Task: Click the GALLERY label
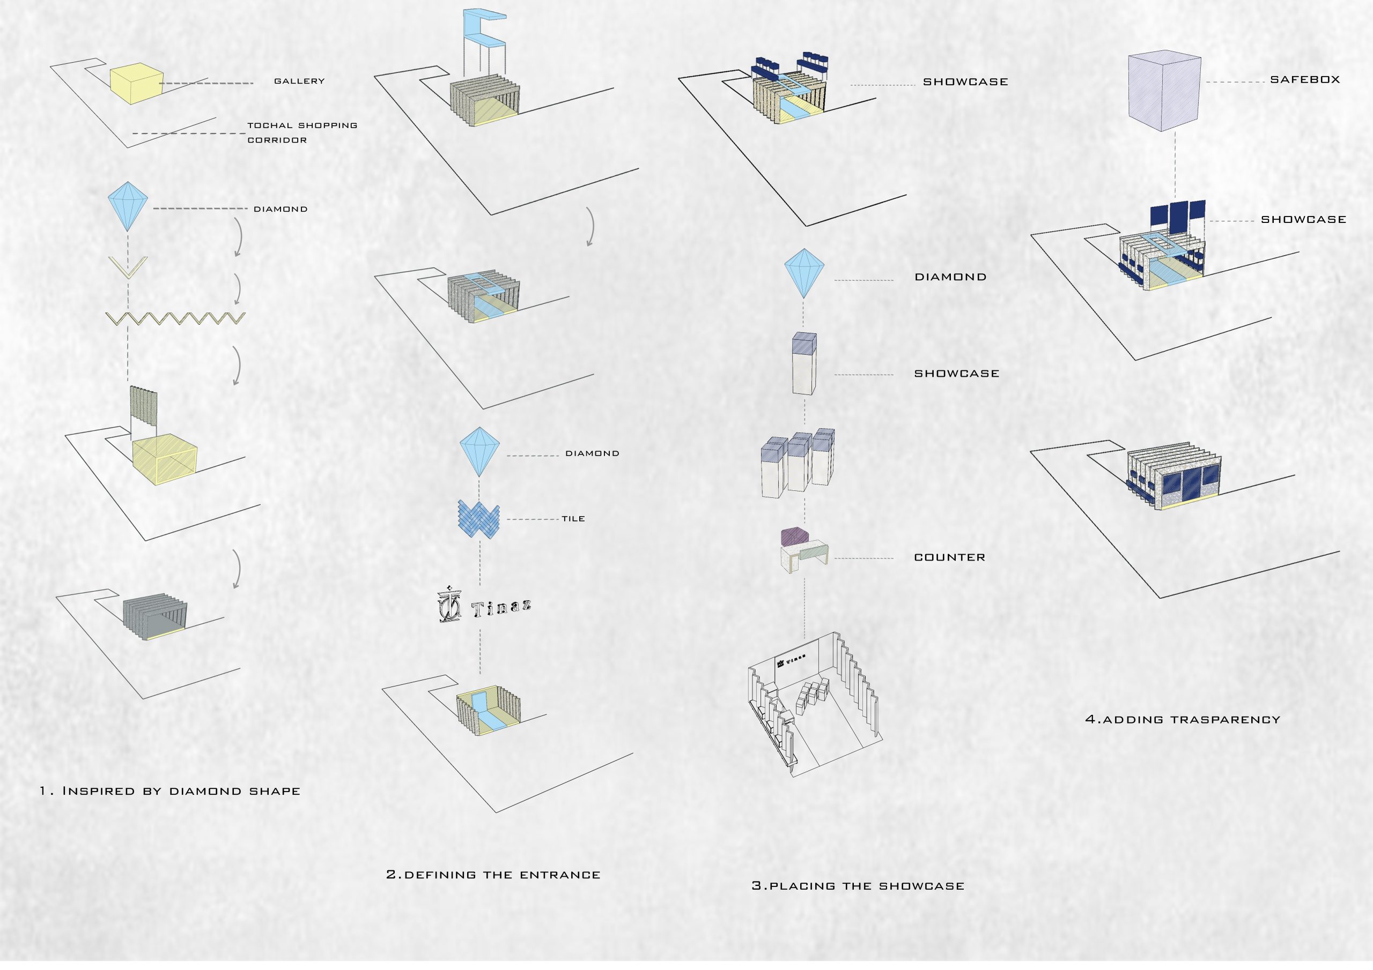(299, 81)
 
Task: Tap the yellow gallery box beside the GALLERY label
(136, 84)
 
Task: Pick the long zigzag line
(175, 318)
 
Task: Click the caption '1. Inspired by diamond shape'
(170, 792)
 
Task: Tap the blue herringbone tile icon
(478, 519)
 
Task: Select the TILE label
(573, 519)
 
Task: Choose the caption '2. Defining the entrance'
(493, 875)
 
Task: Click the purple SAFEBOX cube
(1164, 91)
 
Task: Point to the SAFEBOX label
(1305, 79)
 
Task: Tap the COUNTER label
(949, 557)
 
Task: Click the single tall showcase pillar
(804, 363)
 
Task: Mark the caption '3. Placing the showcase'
(858, 886)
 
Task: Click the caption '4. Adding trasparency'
(1182, 720)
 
